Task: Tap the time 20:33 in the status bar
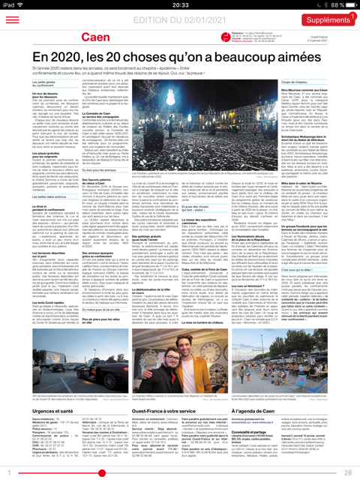[x=179, y=4]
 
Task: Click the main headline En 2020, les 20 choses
[x=180, y=57]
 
